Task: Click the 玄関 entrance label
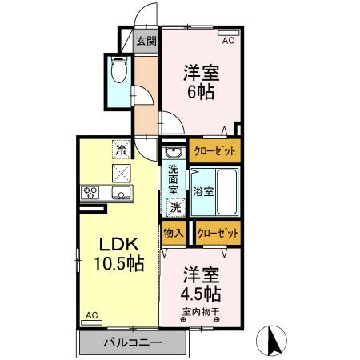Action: (146, 41)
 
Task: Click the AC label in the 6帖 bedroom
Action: (227, 39)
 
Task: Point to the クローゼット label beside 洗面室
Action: (214, 150)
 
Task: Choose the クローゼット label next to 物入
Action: (218, 233)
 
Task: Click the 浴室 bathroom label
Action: (202, 191)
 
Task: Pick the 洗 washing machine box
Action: (175, 207)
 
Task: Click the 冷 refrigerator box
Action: (121, 149)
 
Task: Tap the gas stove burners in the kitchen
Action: (90, 192)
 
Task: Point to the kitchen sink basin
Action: (122, 193)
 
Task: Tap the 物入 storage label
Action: (174, 233)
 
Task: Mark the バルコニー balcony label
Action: (133, 342)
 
